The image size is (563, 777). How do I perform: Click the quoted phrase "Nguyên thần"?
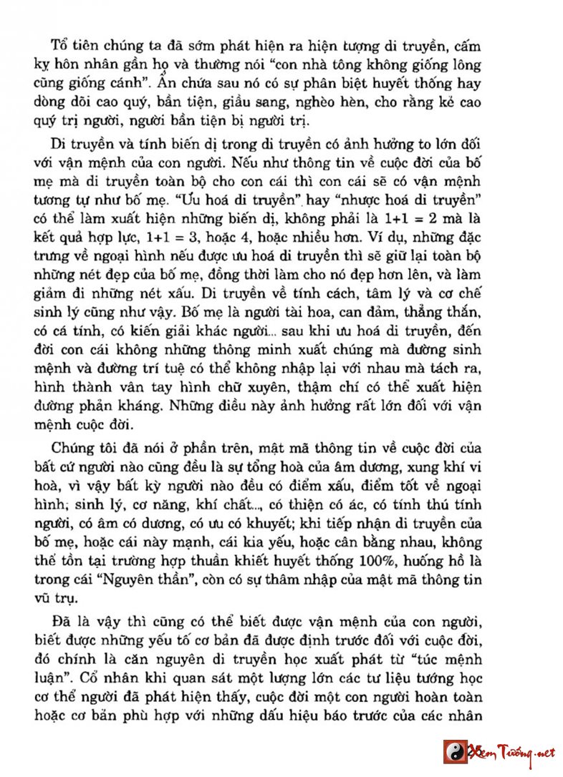click(x=151, y=577)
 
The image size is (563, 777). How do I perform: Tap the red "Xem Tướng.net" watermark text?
click(x=509, y=751)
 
